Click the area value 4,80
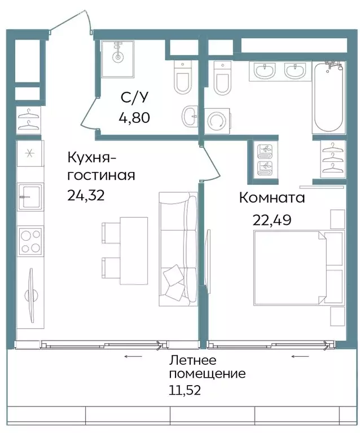click(x=135, y=118)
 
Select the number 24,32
click(x=86, y=195)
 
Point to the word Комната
click(x=272, y=198)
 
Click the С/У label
click(x=135, y=98)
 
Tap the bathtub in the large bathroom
click(x=329, y=98)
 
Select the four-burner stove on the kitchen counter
click(x=30, y=241)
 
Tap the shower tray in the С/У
click(x=119, y=58)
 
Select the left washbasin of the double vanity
click(x=263, y=72)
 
